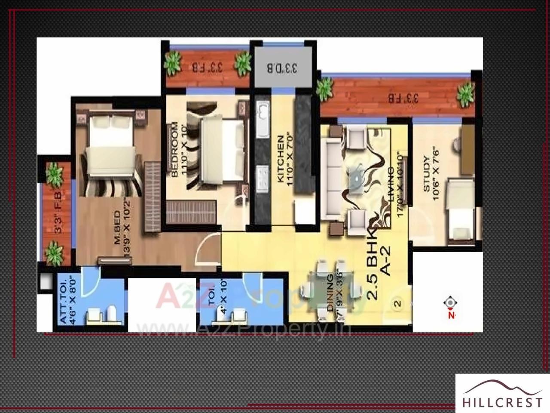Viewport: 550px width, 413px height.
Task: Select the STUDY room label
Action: coord(427,174)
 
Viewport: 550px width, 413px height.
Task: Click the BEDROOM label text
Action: coord(174,150)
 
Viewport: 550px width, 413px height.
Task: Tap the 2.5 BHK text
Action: coord(373,267)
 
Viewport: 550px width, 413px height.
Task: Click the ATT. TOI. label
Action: coord(63,301)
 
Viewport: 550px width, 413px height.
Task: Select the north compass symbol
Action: coord(450,304)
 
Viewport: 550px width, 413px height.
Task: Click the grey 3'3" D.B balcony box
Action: coord(282,68)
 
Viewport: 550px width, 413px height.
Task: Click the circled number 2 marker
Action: coord(398,304)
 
